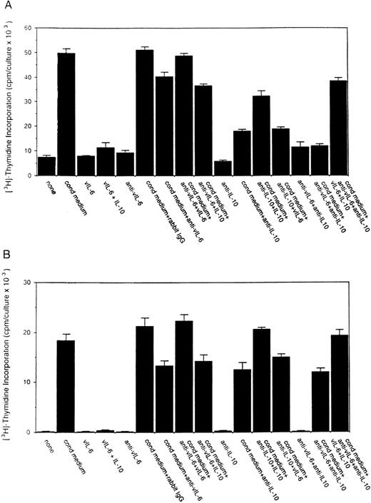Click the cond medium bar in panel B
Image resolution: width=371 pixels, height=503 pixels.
(66, 386)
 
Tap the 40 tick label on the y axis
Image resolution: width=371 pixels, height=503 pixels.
(29, 77)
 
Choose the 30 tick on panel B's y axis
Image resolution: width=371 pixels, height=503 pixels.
(29, 283)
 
